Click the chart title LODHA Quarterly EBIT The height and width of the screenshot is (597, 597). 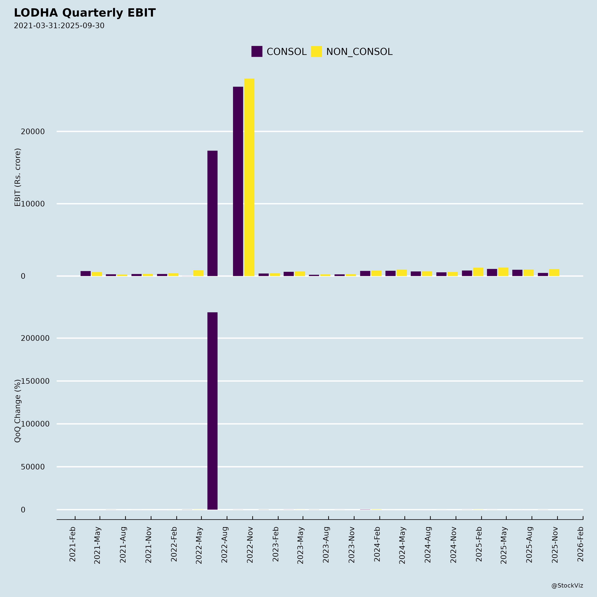click(85, 13)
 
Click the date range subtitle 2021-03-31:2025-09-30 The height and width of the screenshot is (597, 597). click(59, 26)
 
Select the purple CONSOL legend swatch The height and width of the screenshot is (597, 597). click(257, 51)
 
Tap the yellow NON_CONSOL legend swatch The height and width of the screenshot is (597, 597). click(316, 51)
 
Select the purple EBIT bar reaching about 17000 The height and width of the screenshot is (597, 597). click(212, 213)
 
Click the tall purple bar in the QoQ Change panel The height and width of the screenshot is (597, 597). click(212, 411)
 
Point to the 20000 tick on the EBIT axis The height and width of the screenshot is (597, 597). click(33, 132)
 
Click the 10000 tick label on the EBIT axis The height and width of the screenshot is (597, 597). click(33, 204)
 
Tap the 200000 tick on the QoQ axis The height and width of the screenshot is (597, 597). click(35, 338)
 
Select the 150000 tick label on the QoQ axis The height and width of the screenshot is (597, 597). click(35, 381)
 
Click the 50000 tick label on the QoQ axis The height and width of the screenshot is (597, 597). click(33, 467)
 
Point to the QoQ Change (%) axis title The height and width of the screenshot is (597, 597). click(18, 411)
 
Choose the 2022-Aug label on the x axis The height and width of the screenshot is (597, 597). click(225, 544)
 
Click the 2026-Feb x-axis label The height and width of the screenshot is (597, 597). click(580, 544)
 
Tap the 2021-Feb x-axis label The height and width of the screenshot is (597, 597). click(73, 544)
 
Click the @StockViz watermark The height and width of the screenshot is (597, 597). click(567, 586)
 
